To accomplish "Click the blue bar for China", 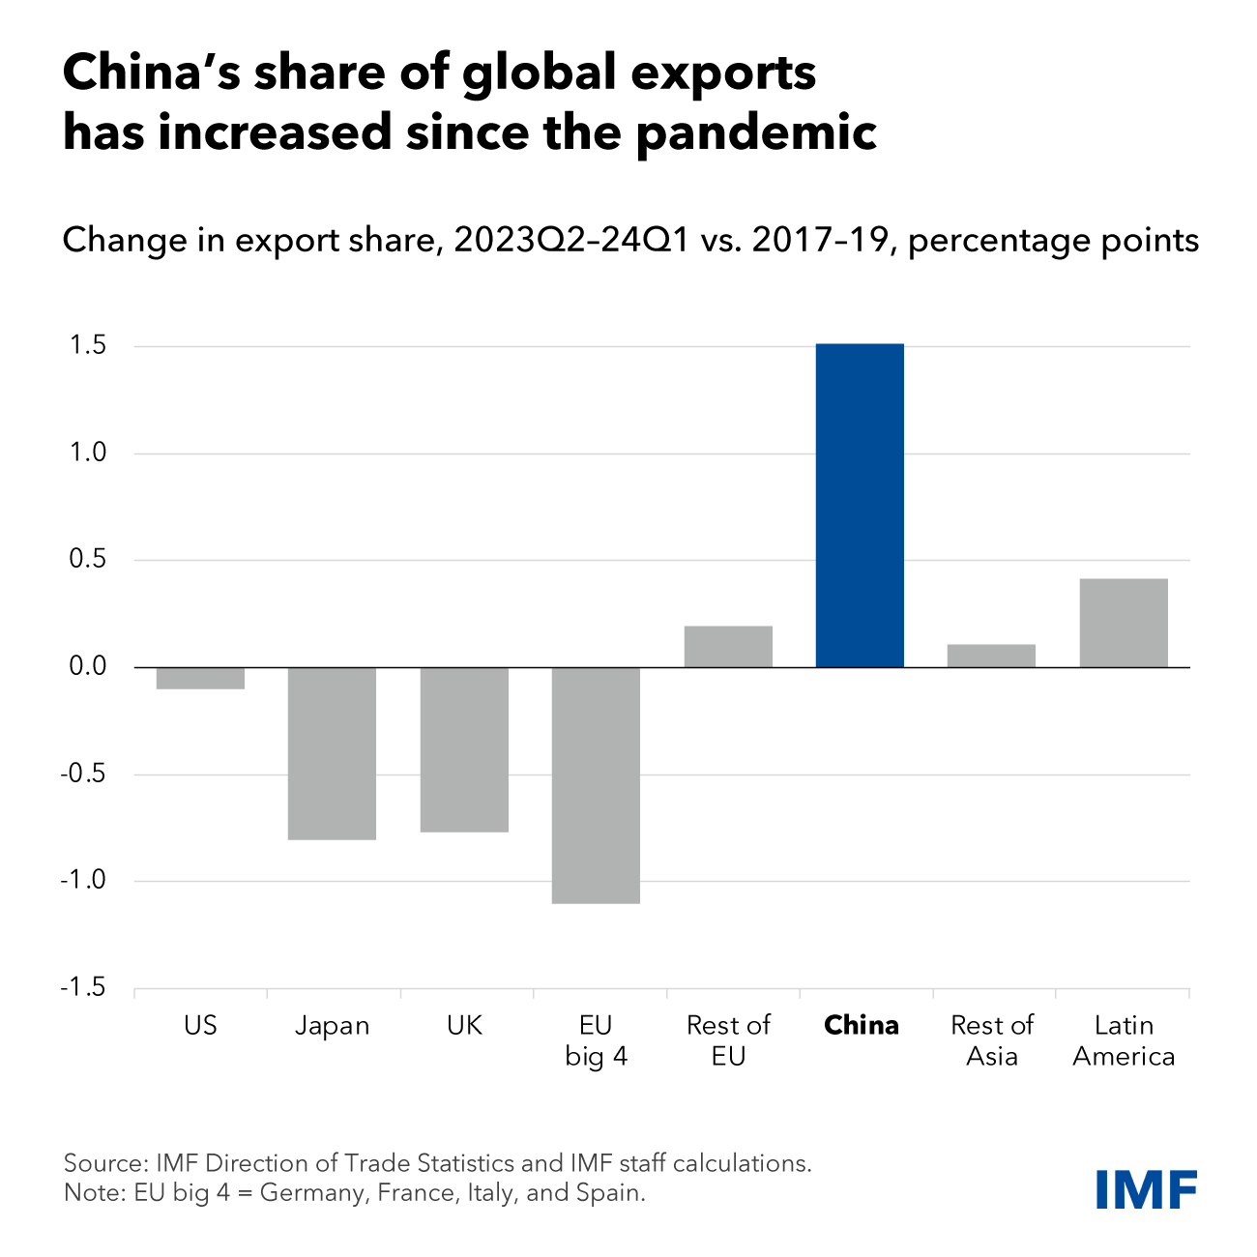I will tap(860, 506).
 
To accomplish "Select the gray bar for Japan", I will tap(332, 753).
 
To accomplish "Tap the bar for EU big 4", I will tap(596, 785).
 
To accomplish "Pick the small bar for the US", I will tap(200, 678).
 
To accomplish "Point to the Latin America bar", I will tap(1124, 624).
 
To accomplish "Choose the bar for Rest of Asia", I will tap(991, 656).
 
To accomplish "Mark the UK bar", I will tap(464, 749).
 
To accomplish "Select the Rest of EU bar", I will tap(728, 647).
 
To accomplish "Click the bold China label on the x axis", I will tap(861, 1026).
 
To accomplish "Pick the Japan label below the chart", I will tap(332, 1026).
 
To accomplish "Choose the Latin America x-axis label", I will tap(1124, 1040).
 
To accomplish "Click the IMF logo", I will tap(1147, 1188).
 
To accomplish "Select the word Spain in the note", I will tap(613, 1193).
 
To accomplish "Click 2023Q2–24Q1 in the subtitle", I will tap(570, 240).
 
